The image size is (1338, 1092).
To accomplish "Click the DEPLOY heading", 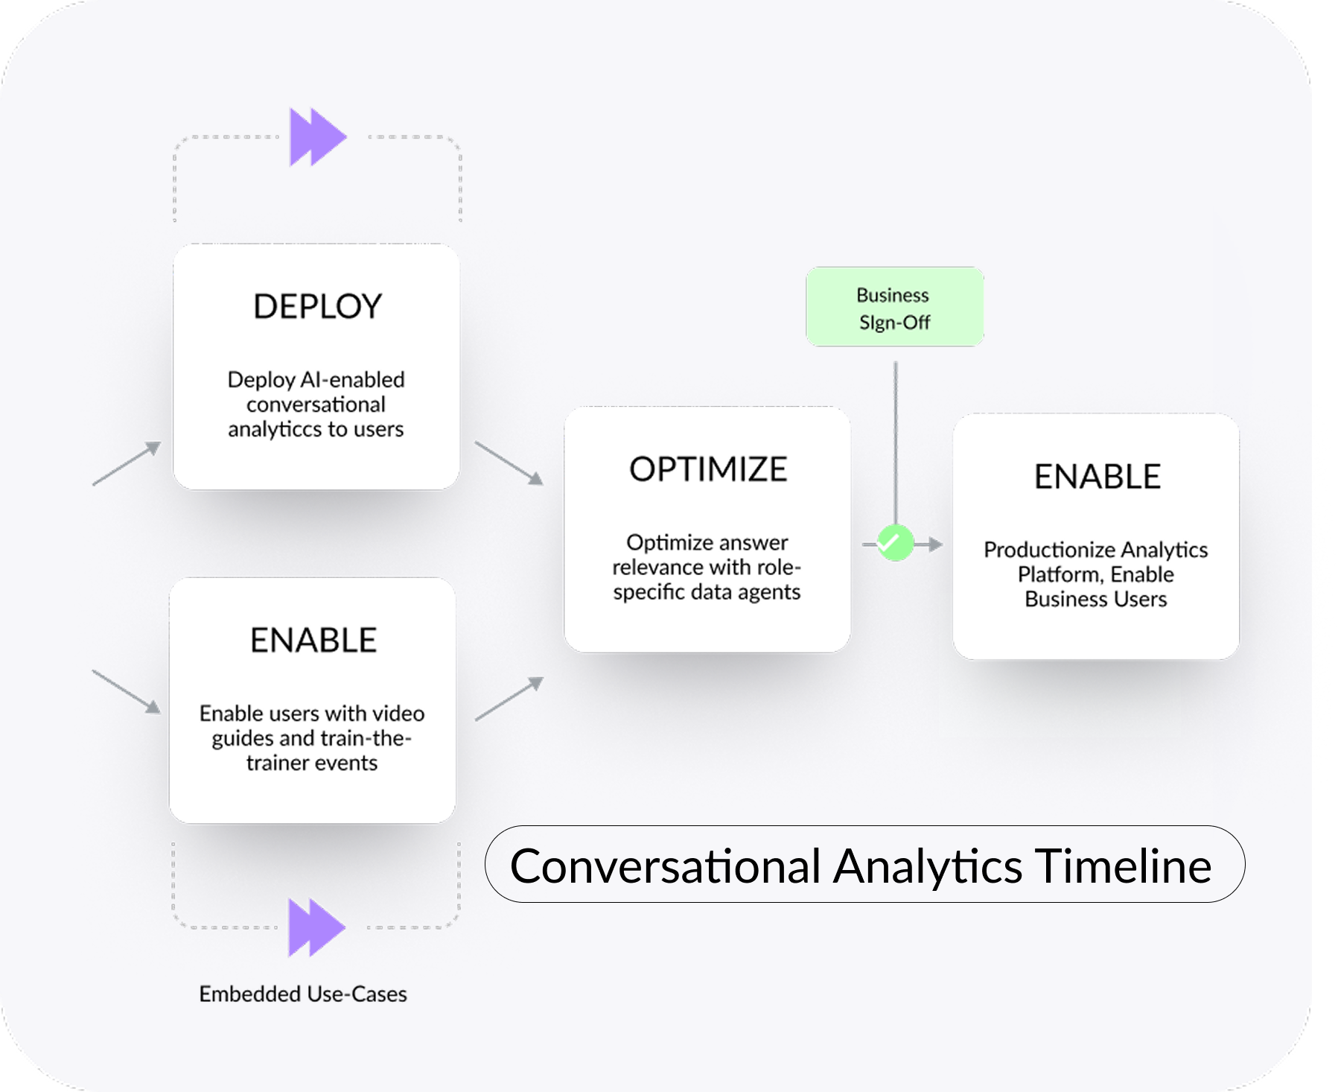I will coord(317,307).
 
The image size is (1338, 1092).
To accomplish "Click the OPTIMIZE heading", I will coord(707,469).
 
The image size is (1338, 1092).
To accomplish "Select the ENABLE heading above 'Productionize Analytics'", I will coord(1097,477).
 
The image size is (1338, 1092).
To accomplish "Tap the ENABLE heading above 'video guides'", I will coord(313,641).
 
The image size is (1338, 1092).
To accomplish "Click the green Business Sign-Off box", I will coord(894,307).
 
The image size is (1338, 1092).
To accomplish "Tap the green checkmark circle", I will coord(895,543).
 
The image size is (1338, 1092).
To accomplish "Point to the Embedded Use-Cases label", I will coord(302,994).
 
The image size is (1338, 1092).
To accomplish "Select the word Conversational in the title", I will coord(665,866).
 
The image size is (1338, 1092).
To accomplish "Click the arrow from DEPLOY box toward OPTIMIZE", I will coord(509,463).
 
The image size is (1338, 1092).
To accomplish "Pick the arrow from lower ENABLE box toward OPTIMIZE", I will coord(509,699).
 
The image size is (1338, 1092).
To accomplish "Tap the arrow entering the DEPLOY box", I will coord(127,463).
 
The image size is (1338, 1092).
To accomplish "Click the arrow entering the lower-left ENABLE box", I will coord(127,691).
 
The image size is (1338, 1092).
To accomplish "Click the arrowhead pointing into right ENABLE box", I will coord(934,545).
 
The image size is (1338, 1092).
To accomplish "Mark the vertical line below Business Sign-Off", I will coord(895,439).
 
